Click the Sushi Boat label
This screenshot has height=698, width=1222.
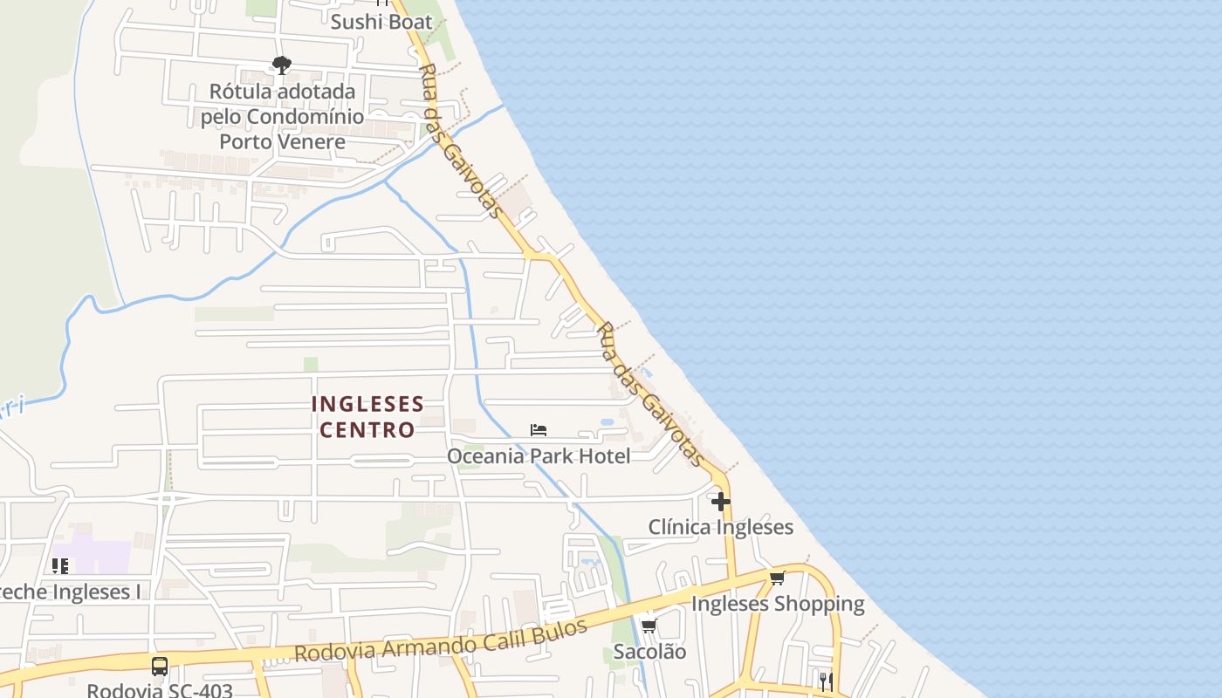[381, 22]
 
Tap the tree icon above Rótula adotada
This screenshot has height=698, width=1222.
[281, 65]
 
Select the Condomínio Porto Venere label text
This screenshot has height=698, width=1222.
[282, 116]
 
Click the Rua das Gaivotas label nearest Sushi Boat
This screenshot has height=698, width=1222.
[460, 140]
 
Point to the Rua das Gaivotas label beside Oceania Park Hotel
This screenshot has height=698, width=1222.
[650, 393]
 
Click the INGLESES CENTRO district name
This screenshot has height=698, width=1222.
[367, 417]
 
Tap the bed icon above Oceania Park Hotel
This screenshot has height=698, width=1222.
[539, 430]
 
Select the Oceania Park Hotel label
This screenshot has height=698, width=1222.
[539, 455]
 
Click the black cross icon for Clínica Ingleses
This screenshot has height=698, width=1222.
[721, 502]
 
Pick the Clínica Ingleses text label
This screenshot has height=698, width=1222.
[721, 527]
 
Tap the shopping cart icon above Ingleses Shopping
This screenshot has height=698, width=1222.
[778, 578]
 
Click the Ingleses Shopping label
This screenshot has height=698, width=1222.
[778, 604]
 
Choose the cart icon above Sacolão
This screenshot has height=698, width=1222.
[649, 626]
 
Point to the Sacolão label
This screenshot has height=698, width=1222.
[649, 652]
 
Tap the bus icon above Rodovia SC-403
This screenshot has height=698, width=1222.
[160, 667]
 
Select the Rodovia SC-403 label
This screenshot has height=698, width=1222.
[160, 690]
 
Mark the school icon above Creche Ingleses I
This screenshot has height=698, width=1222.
[60, 566]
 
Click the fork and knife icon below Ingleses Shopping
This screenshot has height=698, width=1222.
[825, 681]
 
